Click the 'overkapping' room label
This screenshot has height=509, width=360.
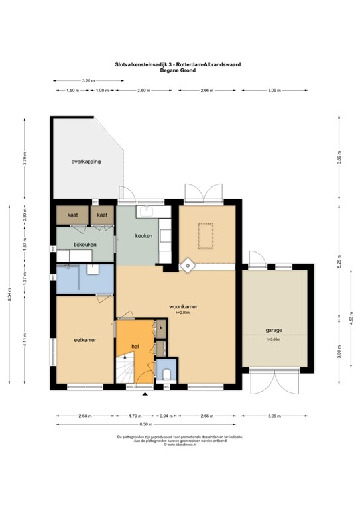[86, 162]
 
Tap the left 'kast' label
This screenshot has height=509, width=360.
[73, 215]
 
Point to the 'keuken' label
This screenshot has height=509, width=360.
[144, 235]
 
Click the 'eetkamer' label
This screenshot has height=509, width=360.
[86, 340]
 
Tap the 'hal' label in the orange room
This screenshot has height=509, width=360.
[135, 346]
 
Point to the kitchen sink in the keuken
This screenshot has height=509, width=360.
[145, 212]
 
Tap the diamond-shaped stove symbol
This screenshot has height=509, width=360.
[188, 266]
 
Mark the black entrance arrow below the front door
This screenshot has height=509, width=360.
[145, 393]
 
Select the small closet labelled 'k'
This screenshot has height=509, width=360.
[161, 327]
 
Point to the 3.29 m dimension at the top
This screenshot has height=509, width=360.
[87, 80]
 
